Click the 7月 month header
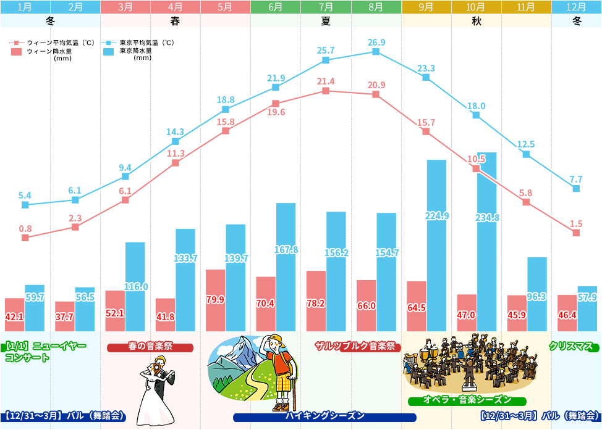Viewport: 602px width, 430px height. (326, 7)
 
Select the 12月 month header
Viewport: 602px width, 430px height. (576, 7)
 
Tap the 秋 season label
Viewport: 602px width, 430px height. (476, 20)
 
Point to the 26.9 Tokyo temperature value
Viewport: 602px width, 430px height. (376, 43)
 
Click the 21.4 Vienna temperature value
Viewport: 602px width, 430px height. (326, 81)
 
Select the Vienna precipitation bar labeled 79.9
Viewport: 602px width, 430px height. (215, 300)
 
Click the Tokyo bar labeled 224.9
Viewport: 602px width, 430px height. (436, 246)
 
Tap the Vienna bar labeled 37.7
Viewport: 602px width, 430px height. (64, 316)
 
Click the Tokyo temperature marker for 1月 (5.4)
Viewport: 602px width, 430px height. (25, 205)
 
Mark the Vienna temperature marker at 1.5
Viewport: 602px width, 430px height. (576, 233)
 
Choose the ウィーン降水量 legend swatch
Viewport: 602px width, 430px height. (17, 52)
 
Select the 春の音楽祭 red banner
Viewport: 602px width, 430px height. (150, 347)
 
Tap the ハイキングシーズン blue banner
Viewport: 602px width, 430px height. (324, 416)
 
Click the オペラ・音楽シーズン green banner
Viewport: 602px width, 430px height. (467, 400)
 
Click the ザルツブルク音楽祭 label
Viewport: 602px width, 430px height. (355, 346)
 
